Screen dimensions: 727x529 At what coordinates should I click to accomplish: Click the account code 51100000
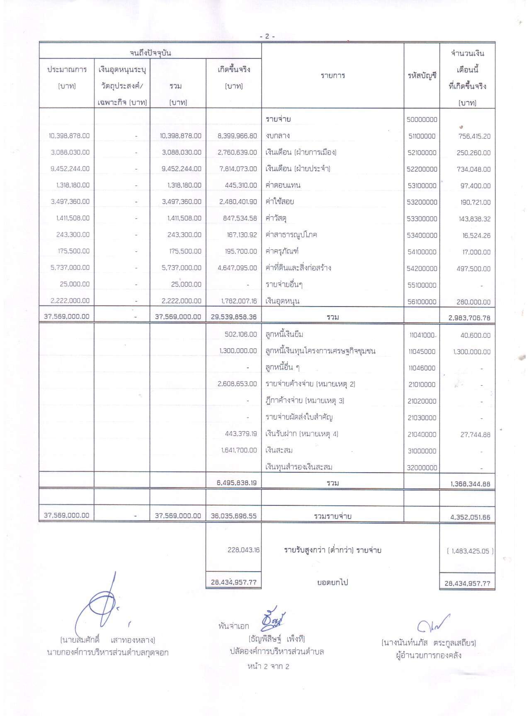(422, 136)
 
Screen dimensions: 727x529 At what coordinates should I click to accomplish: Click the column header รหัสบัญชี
(422, 76)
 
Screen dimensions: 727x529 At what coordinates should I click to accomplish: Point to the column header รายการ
(332, 75)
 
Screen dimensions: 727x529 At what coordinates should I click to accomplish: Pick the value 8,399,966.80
(237, 136)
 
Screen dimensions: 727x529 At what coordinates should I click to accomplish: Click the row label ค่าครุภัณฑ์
(282, 251)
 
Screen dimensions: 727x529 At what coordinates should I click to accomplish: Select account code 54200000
(422, 268)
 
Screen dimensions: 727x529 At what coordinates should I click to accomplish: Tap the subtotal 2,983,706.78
(469, 318)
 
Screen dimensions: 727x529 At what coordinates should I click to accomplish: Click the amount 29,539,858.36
(234, 317)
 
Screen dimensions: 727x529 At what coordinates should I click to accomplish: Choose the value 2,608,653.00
(237, 384)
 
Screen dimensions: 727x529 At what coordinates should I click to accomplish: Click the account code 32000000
(422, 468)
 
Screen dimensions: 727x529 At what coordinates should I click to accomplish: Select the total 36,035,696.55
(234, 516)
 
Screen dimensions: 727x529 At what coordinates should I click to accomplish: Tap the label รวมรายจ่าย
(332, 516)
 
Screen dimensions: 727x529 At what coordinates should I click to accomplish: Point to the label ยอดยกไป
(332, 582)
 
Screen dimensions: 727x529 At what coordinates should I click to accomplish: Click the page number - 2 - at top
(267, 36)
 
